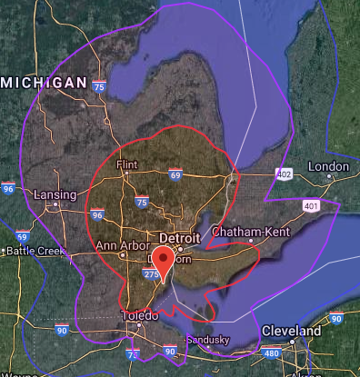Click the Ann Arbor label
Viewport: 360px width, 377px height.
tap(121, 245)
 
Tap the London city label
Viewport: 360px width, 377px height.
tap(327, 166)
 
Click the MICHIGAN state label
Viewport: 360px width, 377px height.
tap(44, 83)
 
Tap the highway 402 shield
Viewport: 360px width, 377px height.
tap(285, 174)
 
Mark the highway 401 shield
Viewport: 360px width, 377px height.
tap(312, 206)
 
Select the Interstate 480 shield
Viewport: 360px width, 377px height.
tap(271, 353)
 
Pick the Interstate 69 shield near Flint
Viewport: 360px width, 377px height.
tap(174, 174)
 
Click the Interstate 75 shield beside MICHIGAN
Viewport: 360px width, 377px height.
tap(98, 86)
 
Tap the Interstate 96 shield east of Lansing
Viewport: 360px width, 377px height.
tap(97, 215)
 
